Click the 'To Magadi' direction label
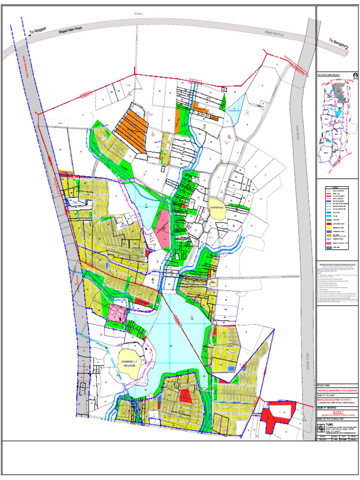(x=38, y=32)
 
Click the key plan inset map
(x=337, y=124)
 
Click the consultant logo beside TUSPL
(x=320, y=428)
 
